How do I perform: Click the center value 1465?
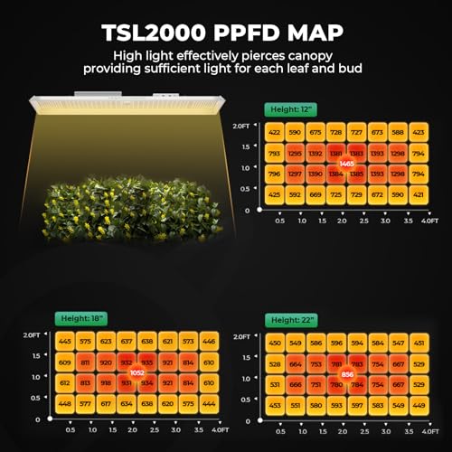(x=345, y=163)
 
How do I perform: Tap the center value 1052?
(x=137, y=372)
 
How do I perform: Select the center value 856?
(x=347, y=373)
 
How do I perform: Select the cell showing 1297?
(x=295, y=173)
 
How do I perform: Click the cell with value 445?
(x=64, y=342)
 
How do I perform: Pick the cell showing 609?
(x=64, y=363)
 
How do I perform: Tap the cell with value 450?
(x=275, y=343)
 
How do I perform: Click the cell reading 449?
(x=418, y=405)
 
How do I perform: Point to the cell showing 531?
(x=275, y=384)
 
